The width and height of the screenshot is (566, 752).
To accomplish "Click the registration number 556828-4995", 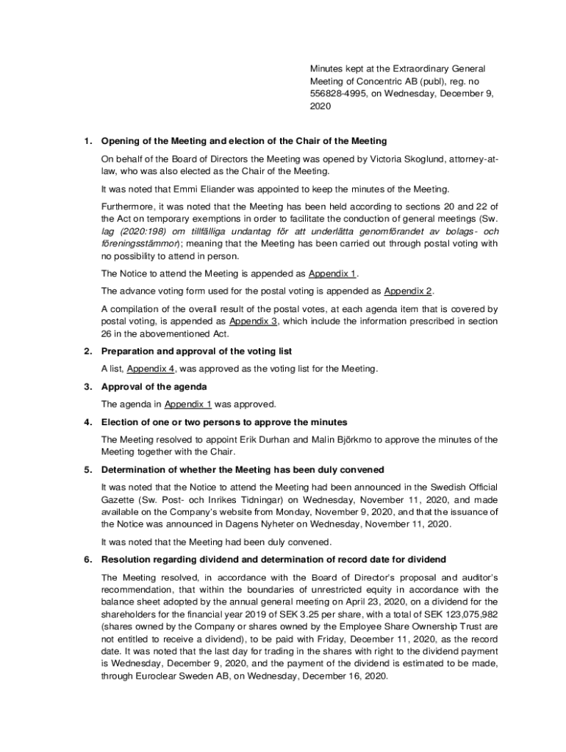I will coord(335,93).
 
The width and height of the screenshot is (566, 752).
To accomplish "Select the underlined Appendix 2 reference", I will coord(408,290).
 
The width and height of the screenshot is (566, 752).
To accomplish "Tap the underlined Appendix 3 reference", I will coord(254,321).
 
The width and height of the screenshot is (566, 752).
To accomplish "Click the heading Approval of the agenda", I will coord(154,386).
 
